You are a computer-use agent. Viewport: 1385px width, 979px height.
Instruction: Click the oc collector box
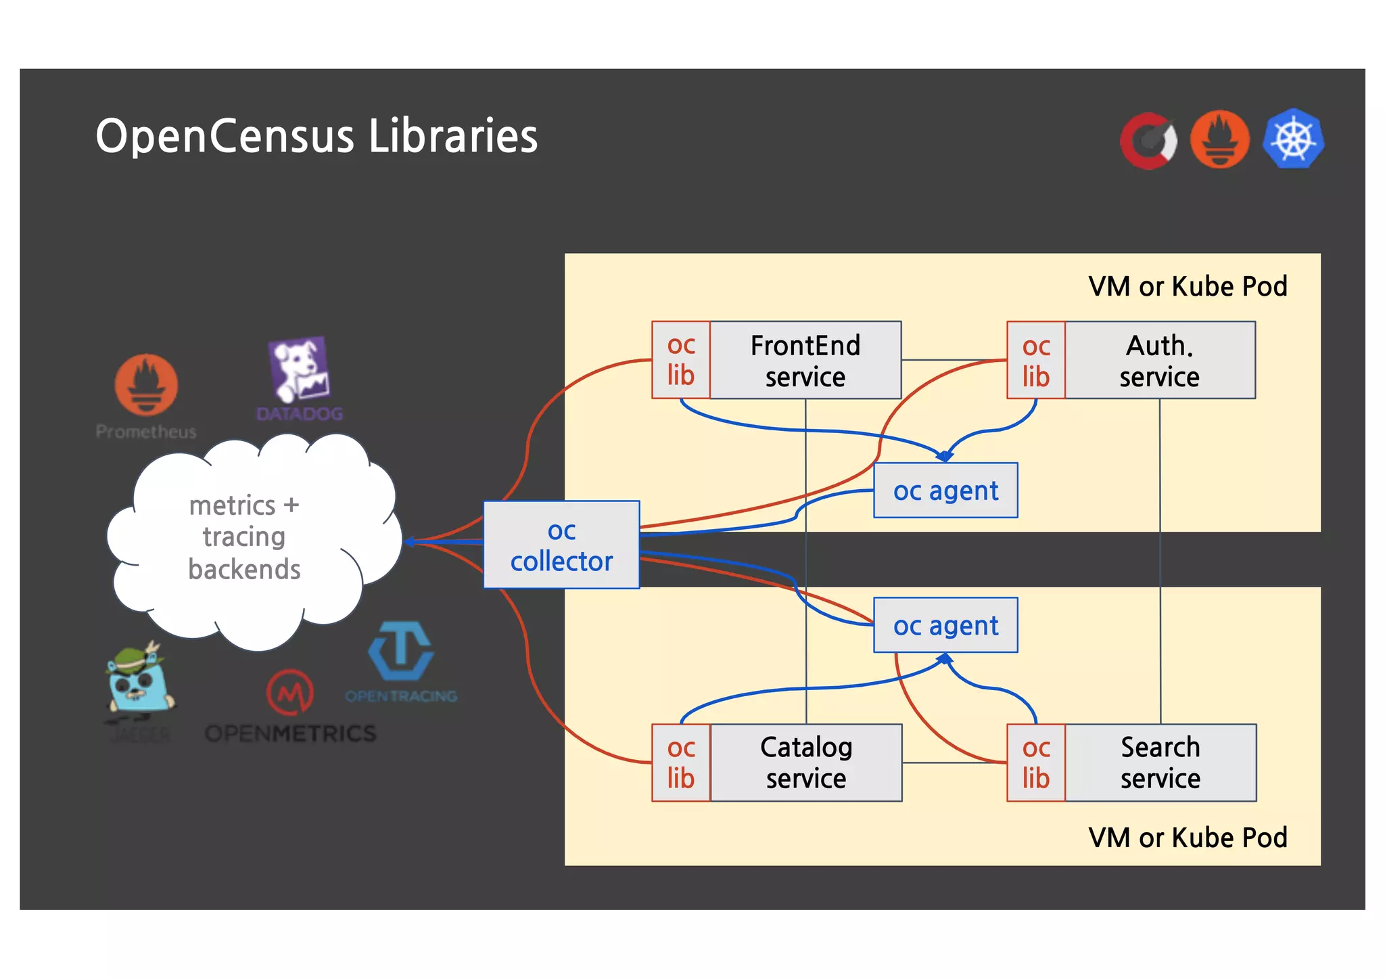click(x=561, y=545)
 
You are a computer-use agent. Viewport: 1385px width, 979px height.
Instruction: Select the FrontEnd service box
click(x=805, y=360)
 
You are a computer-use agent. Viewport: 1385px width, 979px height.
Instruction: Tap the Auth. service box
click(x=1159, y=360)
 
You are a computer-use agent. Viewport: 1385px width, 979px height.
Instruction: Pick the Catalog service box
click(x=805, y=762)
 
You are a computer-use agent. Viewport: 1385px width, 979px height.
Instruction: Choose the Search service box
click(x=1160, y=762)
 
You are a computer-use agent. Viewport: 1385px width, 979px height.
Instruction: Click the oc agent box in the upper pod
click(x=945, y=491)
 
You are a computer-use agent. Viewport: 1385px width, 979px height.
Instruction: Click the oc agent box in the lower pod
click(x=945, y=625)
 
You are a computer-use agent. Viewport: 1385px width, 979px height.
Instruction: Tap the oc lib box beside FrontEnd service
click(x=681, y=360)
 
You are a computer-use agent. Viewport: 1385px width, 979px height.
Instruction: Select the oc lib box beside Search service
click(x=1036, y=762)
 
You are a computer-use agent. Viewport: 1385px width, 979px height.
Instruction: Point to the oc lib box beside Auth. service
click(x=1036, y=360)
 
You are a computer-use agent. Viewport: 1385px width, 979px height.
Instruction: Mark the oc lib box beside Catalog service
click(x=681, y=762)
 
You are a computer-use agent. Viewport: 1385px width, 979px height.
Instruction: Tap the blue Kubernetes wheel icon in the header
click(x=1293, y=139)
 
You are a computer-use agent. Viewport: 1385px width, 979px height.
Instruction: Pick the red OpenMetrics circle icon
click(x=290, y=692)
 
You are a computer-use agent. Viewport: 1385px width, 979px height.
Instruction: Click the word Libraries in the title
click(x=453, y=136)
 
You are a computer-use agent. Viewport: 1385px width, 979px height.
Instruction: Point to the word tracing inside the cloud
click(x=244, y=537)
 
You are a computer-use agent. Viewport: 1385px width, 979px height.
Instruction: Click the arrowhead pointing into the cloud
click(x=410, y=541)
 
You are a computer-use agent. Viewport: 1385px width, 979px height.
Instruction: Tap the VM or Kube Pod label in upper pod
click(x=1188, y=286)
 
